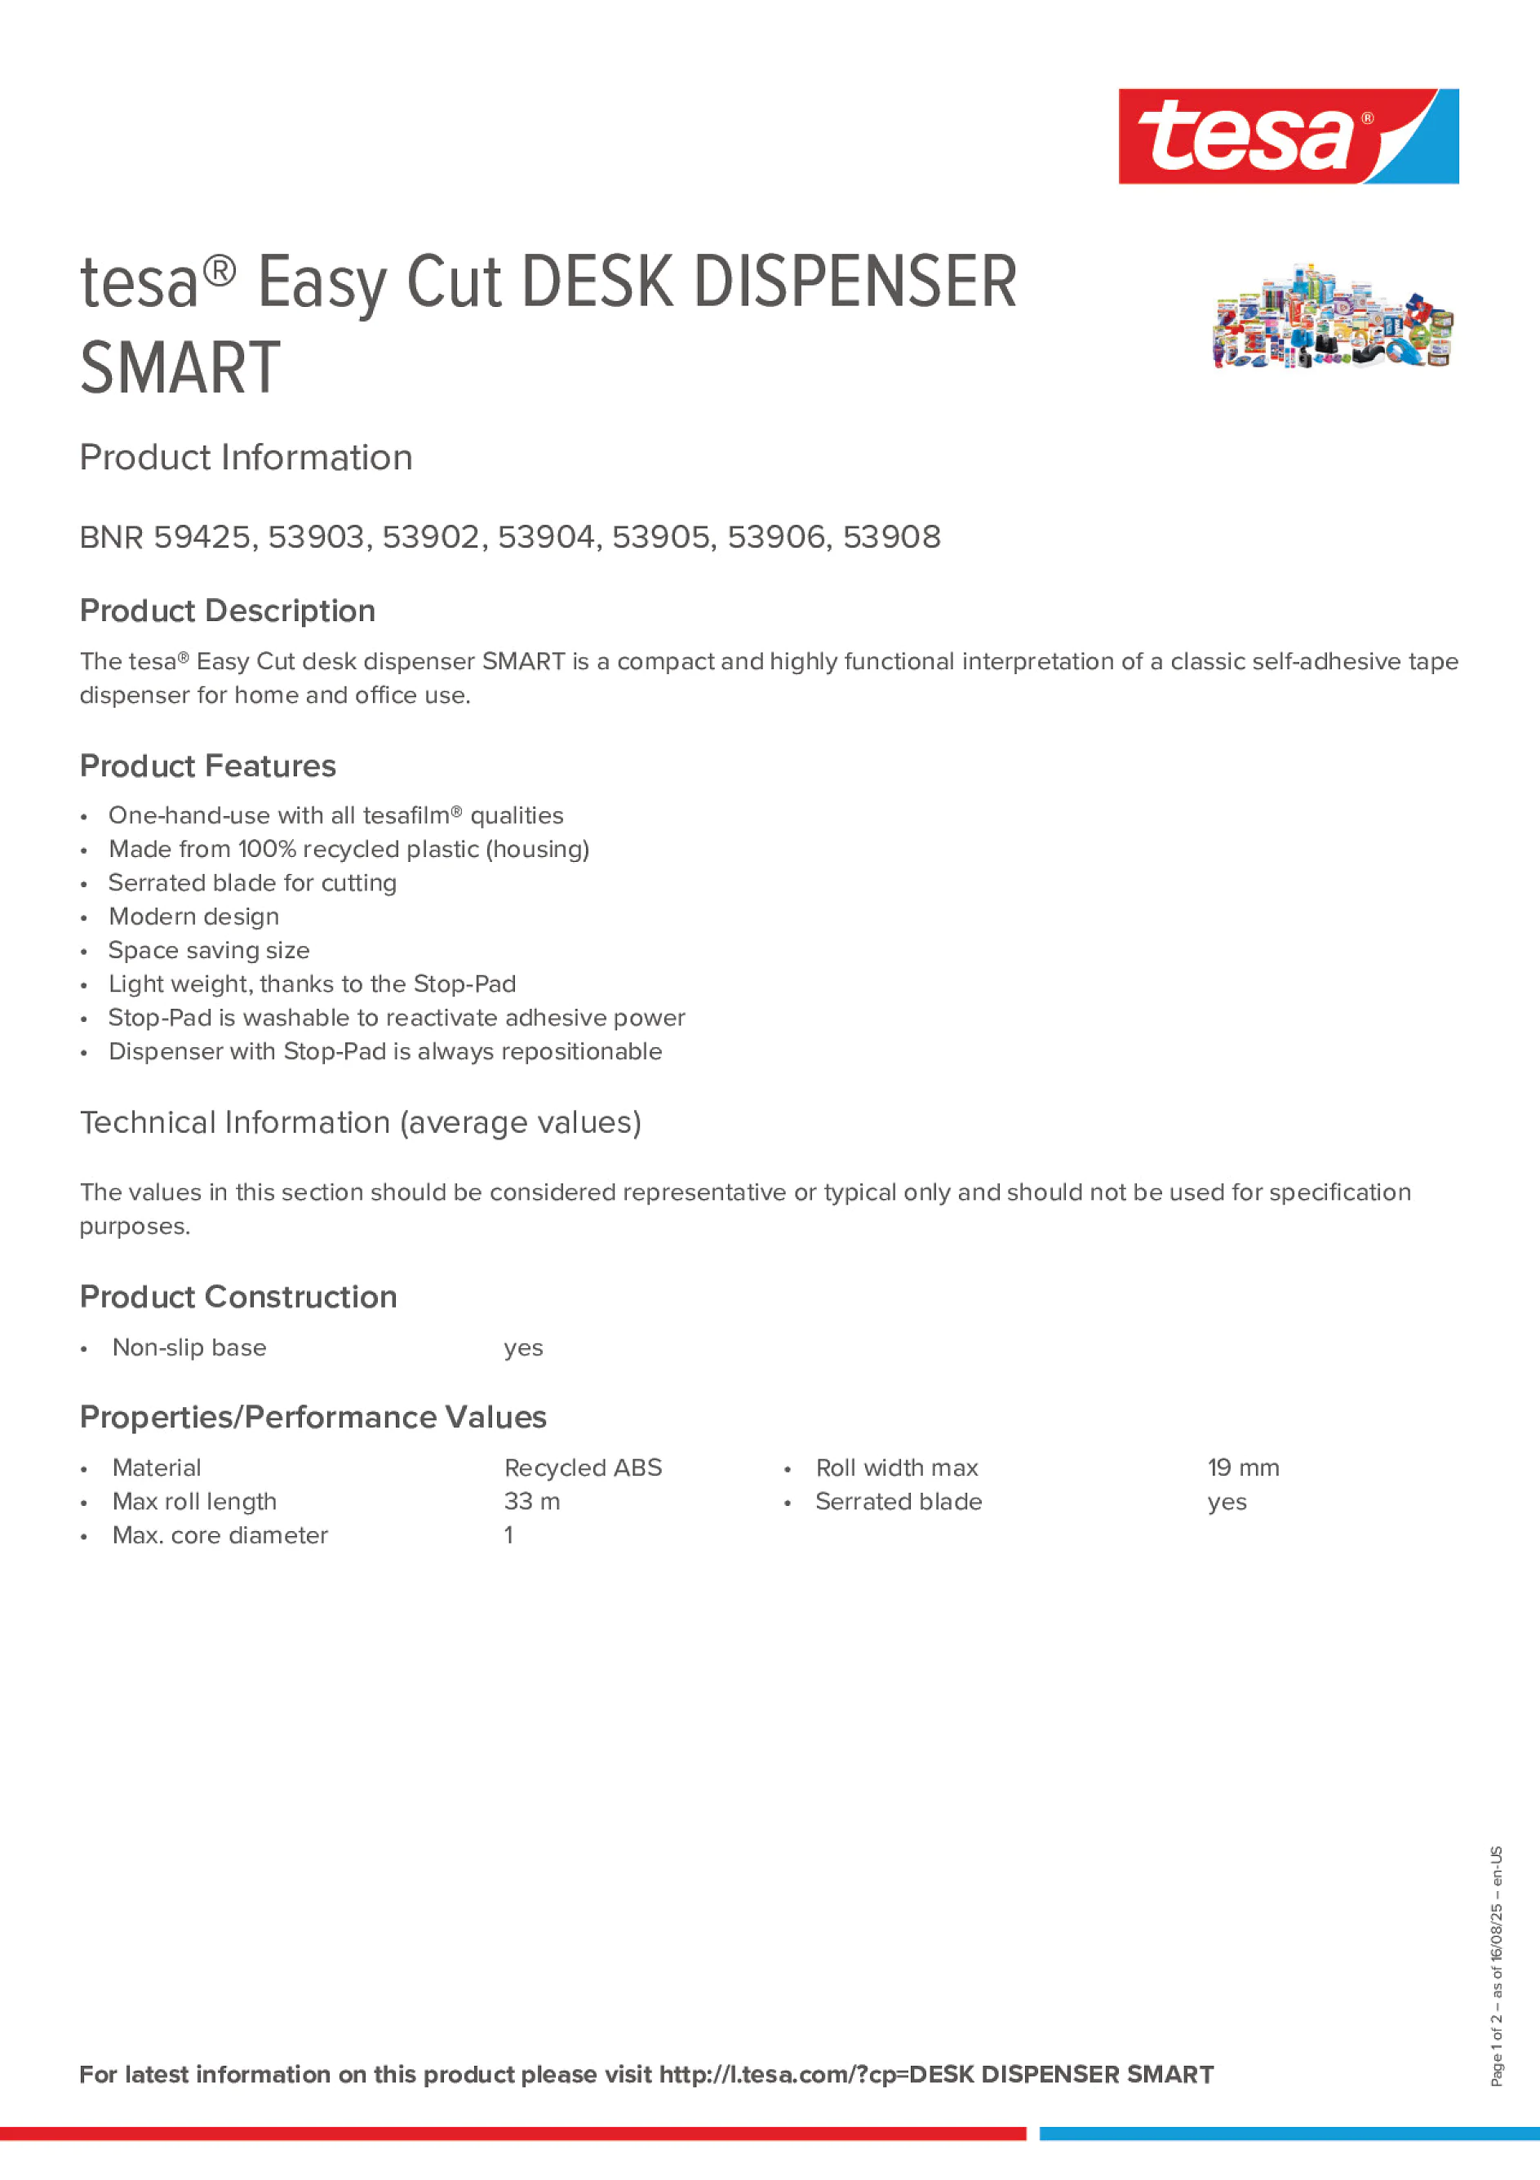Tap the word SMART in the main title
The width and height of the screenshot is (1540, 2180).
point(180,368)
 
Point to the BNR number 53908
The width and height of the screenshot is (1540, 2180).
point(891,537)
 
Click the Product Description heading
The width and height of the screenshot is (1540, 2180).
point(228,610)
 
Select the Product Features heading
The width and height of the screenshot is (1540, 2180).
point(208,766)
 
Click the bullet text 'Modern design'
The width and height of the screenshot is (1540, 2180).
point(193,917)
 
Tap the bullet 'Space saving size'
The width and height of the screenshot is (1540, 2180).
point(209,950)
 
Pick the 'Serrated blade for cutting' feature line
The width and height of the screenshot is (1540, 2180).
point(252,883)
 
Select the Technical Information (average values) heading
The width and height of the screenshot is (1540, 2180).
point(361,1122)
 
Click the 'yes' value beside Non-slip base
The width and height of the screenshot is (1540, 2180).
point(523,1348)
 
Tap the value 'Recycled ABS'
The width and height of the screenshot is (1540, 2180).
point(583,1468)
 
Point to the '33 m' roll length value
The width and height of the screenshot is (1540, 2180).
point(531,1502)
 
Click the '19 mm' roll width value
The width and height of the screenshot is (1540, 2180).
point(1243,1468)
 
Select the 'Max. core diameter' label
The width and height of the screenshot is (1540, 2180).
point(220,1535)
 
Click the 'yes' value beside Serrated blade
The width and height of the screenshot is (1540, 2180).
point(1227,1502)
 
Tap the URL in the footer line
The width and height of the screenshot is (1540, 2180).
point(935,2075)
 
